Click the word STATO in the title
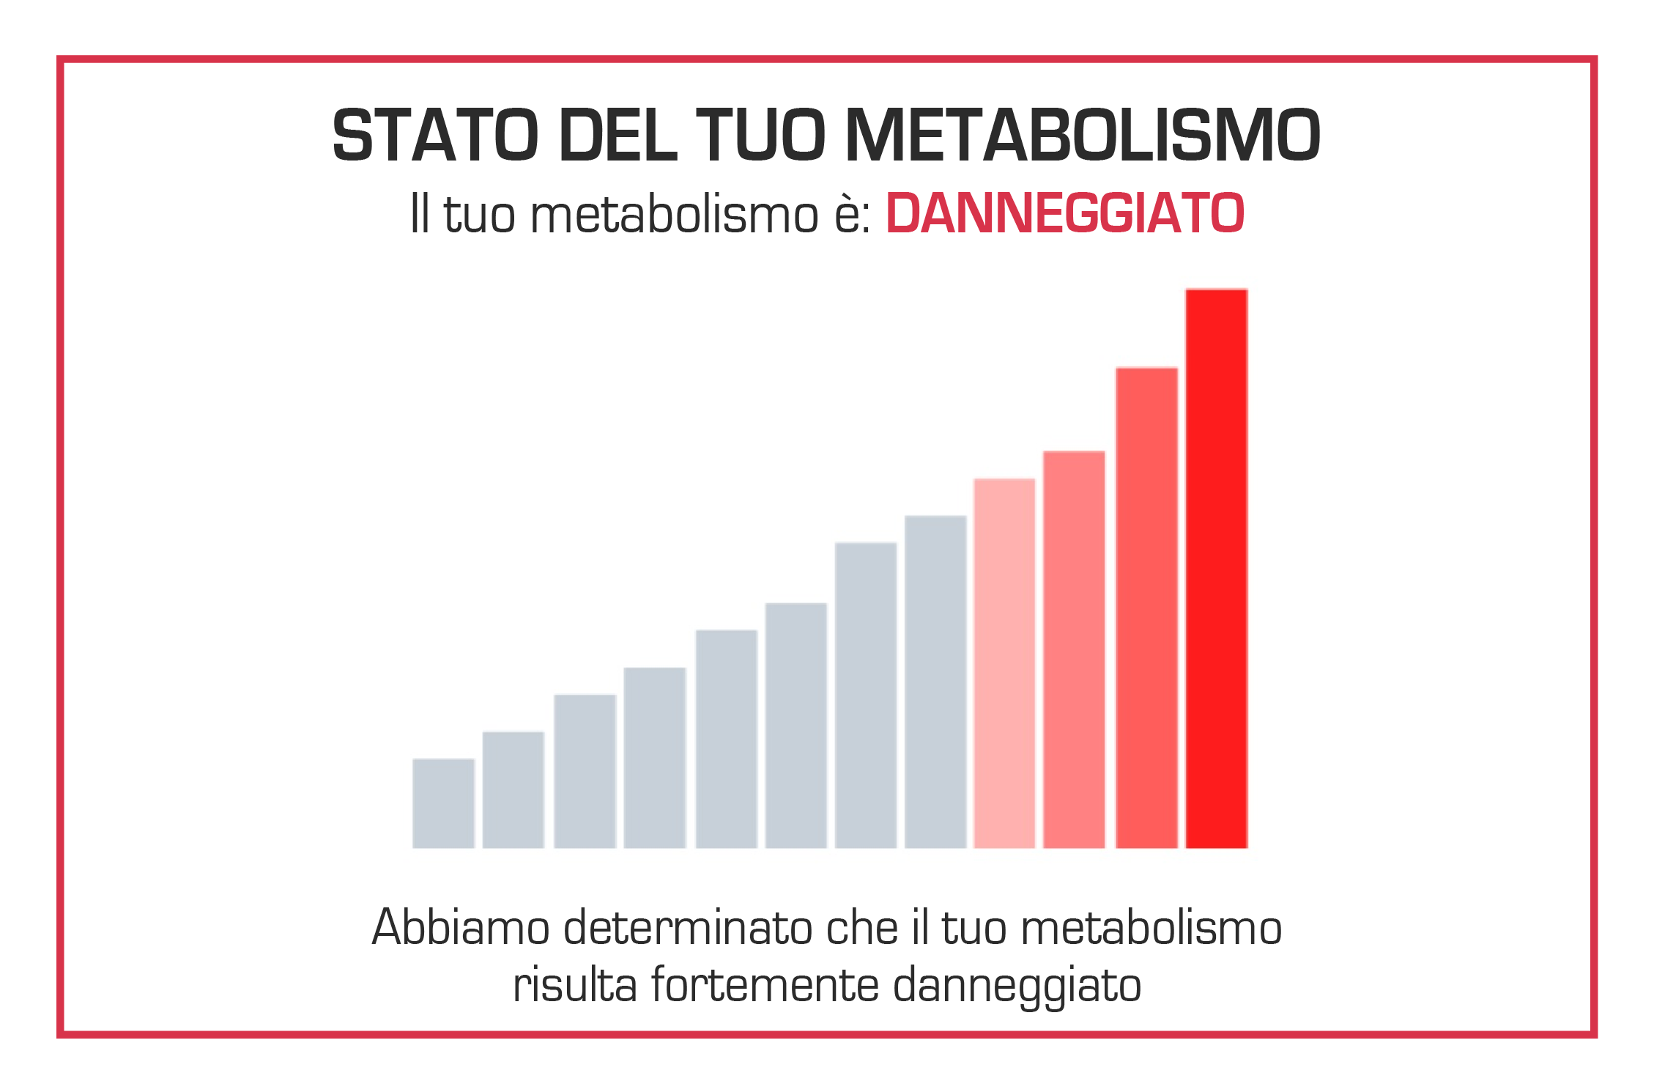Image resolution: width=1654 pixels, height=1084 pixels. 435,136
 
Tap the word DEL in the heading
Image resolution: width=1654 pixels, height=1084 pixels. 618,136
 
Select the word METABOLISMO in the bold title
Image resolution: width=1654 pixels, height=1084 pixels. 1082,136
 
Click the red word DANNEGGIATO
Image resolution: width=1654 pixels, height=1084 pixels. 1065,214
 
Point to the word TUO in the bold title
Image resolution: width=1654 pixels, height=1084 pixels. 760,136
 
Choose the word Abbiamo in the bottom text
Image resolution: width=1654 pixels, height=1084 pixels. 461,928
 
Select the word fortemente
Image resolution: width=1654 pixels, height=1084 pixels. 764,985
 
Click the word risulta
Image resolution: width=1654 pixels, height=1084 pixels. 574,985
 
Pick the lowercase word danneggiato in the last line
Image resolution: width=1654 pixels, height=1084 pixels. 1017,987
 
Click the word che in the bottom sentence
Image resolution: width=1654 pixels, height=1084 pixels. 861,928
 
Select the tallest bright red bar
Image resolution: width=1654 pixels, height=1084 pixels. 1216,568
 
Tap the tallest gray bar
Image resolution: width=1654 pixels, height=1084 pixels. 935,682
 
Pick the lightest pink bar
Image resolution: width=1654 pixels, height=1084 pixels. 1004,663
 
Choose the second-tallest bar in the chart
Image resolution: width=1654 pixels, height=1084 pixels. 1146,608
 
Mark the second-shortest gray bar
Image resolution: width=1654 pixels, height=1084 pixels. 513,789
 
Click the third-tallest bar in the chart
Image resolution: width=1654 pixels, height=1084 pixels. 1074,649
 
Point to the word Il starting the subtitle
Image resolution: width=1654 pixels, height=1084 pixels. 419,214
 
